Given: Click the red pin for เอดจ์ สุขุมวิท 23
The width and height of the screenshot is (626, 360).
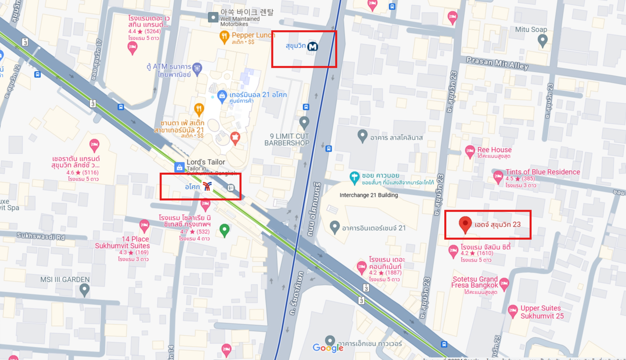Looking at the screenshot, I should (465, 224).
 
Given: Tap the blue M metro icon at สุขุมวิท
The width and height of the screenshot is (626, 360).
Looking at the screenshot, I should (313, 46).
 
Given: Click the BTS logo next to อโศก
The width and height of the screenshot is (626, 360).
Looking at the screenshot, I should (207, 186).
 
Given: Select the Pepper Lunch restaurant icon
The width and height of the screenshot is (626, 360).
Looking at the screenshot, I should (225, 37).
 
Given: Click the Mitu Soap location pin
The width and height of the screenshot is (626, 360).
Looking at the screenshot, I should (542, 40).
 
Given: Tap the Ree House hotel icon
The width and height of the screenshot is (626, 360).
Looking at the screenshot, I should (470, 151).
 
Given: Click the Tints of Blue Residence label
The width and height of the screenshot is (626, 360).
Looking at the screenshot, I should (542, 172).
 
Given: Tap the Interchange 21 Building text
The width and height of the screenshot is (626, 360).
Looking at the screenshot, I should (369, 195).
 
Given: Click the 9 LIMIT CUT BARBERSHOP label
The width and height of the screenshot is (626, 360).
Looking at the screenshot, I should (287, 140).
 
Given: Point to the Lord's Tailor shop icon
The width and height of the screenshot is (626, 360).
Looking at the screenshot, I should (179, 167).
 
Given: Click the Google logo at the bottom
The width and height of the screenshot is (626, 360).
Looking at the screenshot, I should (328, 348).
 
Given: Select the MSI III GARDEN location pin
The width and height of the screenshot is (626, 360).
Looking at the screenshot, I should (84, 290).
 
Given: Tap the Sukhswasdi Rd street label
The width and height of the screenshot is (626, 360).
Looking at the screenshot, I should (40, 237).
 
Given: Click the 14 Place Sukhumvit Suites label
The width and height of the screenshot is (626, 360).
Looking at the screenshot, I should (122, 242).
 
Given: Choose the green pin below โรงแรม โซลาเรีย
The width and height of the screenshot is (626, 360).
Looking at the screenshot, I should (224, 229).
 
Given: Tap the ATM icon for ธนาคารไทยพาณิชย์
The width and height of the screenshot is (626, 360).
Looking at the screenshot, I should (197, 68).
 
